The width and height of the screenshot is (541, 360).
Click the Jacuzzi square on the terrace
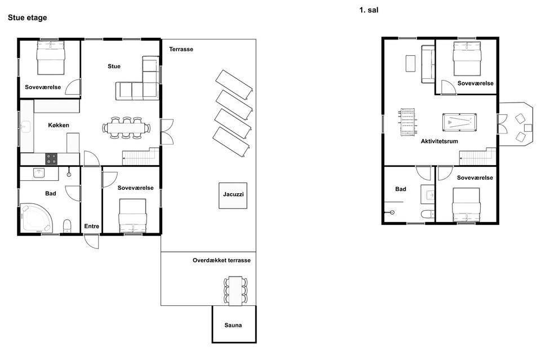click(x=233, y=195)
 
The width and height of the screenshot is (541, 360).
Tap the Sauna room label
click(x=233, y=325)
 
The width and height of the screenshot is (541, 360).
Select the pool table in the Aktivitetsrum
click(x=460, y=122)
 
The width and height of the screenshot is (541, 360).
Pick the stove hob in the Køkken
click(x=51, y=159)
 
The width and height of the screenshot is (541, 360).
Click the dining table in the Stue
click(x=126, y=128)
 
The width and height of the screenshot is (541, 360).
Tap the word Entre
click(x=91, y=226)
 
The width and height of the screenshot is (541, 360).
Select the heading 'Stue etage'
click(x=27, y=17)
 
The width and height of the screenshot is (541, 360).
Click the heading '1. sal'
click(x=369, y=10)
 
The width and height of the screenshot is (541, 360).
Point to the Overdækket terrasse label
click(x=221, y=260)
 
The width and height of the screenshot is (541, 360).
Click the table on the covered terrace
click(x=236, y=291)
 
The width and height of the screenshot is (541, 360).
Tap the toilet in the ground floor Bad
click(x=67, y=226)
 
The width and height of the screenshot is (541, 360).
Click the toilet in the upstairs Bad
click(x=428, y=214)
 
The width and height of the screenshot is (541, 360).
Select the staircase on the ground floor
click(x=141, y=157)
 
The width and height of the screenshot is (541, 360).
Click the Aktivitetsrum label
click(x=439, y=141)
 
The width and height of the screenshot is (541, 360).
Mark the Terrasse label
click(x=181, y=50)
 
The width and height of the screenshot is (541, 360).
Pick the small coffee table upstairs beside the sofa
click(x=410, y=64)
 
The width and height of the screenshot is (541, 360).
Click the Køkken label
click(x=59, y=125)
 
